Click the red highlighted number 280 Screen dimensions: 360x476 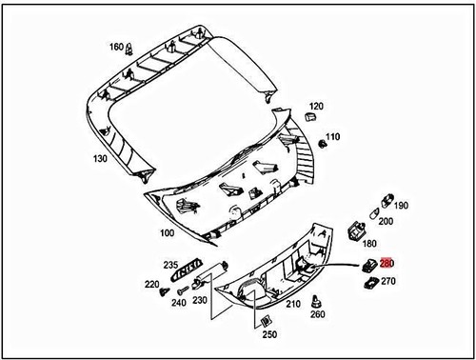pos(387,265)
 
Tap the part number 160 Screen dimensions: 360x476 pos(116,47)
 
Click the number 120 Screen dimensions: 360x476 pos(316,107)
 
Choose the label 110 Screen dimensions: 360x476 pos(331,137)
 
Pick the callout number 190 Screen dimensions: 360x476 pos(401,205)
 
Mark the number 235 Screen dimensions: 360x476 pos(171,266)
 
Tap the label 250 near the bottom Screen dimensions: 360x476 pos(270,335)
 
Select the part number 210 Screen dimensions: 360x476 pos(293,304)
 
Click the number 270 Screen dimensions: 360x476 pos(388,282)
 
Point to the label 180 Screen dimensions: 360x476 pos(370,244)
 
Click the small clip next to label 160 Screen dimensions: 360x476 pos(134,46)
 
